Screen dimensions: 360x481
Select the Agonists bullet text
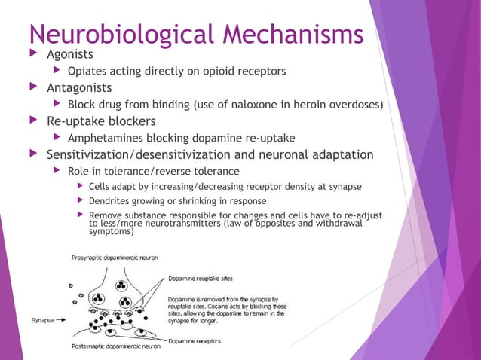point(70,54)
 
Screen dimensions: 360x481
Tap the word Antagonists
point(79,87)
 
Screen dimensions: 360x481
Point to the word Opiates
point(89,72)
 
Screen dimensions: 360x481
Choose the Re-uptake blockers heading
point(101,121)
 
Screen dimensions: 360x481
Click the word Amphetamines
point(106,138)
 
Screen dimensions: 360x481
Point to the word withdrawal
point(339,223)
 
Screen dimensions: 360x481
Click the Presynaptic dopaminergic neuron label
point(115,258)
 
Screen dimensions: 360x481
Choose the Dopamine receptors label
point(195,341)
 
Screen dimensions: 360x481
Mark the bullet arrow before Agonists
point(31,54)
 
